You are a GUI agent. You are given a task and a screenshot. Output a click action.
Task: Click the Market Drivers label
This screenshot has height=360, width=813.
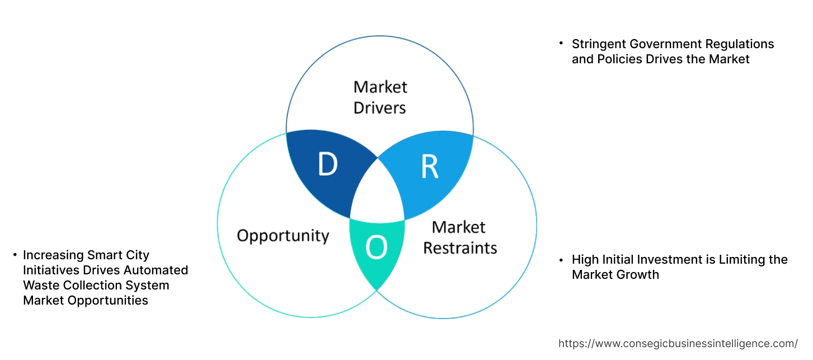click(x=380, y=97)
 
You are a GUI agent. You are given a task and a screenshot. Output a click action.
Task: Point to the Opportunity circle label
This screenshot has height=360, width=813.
click(x=283, y=235)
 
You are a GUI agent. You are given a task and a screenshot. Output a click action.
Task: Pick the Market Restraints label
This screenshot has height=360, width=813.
click(x=459, y=237)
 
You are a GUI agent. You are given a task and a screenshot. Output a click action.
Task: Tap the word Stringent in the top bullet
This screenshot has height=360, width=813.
click(x=597, y=44)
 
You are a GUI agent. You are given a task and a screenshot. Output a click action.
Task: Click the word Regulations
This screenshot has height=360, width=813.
click(x=739, y=44)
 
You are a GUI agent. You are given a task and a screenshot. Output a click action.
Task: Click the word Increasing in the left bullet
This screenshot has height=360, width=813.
click(x=54, y=255)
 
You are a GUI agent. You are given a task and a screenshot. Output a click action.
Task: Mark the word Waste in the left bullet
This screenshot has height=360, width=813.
click(x=40, y=285)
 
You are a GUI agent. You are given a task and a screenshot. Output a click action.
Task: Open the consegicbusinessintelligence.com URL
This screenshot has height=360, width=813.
click(x=678, y=343)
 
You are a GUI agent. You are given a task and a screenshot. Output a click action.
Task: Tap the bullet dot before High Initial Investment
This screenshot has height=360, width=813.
click(x=561, y=260)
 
